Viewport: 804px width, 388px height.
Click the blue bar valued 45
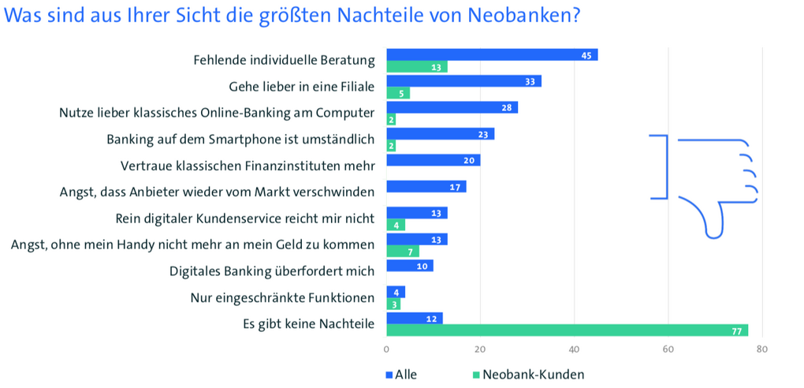[492, 54]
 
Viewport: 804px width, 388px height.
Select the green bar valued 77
[567, 330]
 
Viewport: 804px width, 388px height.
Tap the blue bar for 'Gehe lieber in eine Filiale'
[463, 81]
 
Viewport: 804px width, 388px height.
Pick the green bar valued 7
[403, 252]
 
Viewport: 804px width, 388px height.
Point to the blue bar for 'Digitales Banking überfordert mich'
[410, 266]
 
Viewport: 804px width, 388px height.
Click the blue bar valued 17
[426, 187]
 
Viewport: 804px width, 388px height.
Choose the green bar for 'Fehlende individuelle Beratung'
[417, 67]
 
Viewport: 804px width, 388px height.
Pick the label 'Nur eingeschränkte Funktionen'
[282, 297]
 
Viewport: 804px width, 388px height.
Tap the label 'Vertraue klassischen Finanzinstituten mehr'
[248, 166]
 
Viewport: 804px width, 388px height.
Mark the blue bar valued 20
[434, 160]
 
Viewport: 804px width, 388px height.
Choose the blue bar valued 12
[415, 318]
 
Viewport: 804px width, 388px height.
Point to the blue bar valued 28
[452, 107]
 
